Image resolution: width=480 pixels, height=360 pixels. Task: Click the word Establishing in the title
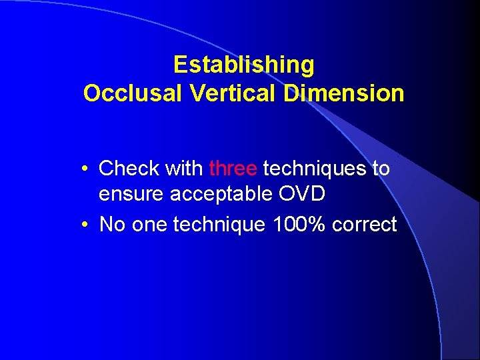click(243, 65)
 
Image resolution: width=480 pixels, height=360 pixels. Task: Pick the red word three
click(233, 169)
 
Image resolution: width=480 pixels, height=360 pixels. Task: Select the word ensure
click(131, 195)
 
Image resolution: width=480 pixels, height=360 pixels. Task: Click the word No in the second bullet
click(111, 225)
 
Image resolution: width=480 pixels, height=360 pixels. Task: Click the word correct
click(365, 225)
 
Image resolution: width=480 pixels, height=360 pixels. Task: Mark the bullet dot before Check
click(87, 169)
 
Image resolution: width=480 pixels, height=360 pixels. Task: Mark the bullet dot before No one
click(87, 225)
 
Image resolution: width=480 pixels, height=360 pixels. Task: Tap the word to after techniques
click(381, 169)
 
